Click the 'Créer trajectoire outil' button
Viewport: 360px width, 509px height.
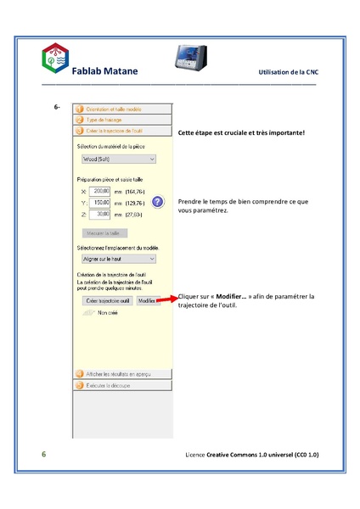tap(105, 300)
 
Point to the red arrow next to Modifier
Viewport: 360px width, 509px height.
tap(168, 299)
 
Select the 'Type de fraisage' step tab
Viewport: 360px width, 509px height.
tap(104, 120)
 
